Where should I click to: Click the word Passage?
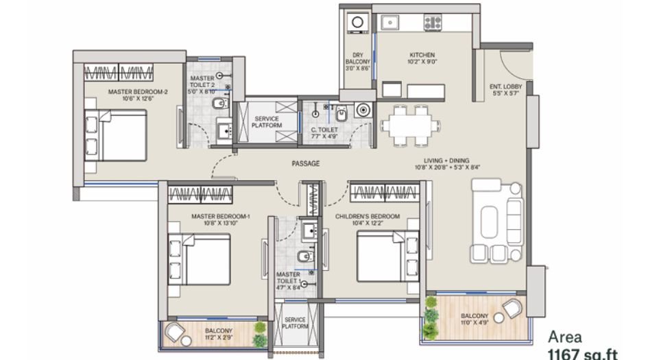click(305, 163)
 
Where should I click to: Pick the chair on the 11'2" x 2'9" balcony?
click(176, 334)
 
